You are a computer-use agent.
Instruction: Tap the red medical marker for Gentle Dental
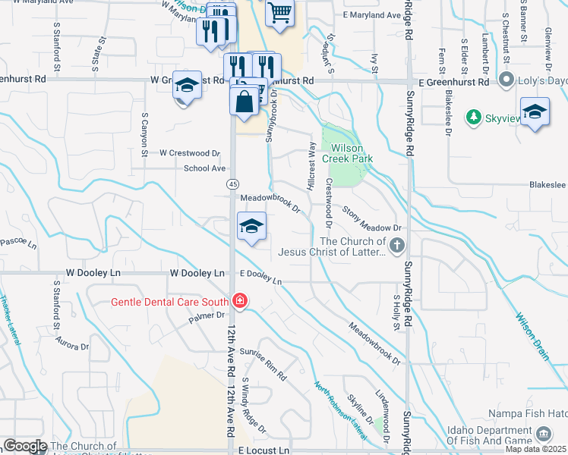[240, 301]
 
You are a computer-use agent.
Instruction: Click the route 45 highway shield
[233, 184]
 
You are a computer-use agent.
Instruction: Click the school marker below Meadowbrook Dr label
[252, 226]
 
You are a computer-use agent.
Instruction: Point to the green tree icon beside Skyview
[474, 117]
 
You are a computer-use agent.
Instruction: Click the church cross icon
[396, 245]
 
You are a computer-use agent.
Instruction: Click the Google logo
[25, 447]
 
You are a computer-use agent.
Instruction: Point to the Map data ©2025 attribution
[535, 449]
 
